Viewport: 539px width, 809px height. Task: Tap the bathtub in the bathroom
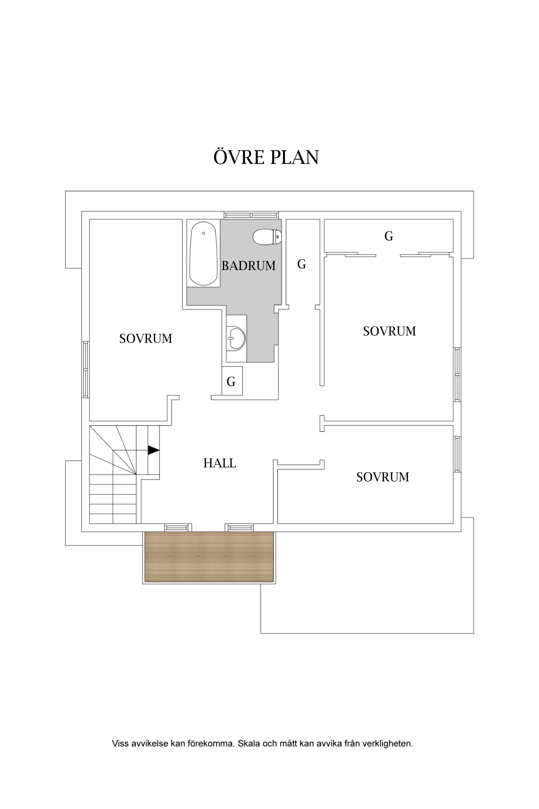click(203, 253)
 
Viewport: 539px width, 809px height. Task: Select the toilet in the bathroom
click(267, 237)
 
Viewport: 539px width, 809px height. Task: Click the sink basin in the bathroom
click(235, 338)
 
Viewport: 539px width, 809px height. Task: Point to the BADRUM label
click(248, 266)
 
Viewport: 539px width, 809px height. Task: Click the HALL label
click(220, 463)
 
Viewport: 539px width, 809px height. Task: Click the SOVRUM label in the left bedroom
click(146, 339)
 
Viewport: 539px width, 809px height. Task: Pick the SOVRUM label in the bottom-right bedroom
click(383, 477)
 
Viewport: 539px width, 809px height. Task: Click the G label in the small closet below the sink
click(231, 381)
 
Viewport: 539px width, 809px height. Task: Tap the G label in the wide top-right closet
click(388, 236)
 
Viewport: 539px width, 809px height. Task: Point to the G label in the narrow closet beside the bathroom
click(301, 264)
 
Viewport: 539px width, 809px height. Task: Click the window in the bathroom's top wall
click(251, 215)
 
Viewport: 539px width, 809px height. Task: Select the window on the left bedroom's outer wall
click(86, 370)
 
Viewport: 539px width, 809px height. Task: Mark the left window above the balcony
click(176, 527)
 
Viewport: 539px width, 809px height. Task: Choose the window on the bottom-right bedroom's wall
click(457, 454)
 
